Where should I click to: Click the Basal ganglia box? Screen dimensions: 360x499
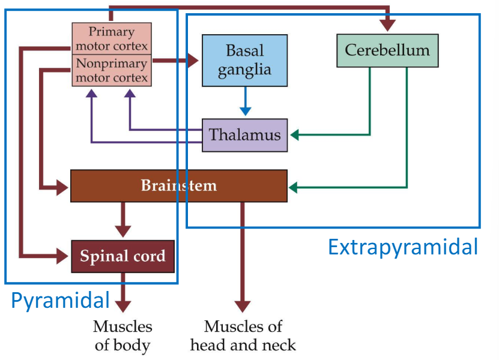point(244,60)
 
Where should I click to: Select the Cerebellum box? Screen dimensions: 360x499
point(387,50)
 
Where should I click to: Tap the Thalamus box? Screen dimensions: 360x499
point(244,134)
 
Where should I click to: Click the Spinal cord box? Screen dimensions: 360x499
point(122,256)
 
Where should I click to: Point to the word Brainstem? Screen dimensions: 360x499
point(178,185)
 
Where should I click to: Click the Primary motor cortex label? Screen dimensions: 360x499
point(112,38)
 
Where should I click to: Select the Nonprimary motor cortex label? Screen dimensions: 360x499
point(112,70)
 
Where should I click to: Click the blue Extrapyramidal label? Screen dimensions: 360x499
point(402,247)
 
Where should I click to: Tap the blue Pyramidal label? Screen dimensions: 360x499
point(61,300)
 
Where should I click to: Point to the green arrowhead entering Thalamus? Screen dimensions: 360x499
point(295,134)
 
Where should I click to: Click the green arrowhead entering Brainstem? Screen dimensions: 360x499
point(295,188)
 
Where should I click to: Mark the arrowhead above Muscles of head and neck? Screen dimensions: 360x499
point(243,305)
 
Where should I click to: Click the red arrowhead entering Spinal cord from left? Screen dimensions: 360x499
point(63,256)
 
